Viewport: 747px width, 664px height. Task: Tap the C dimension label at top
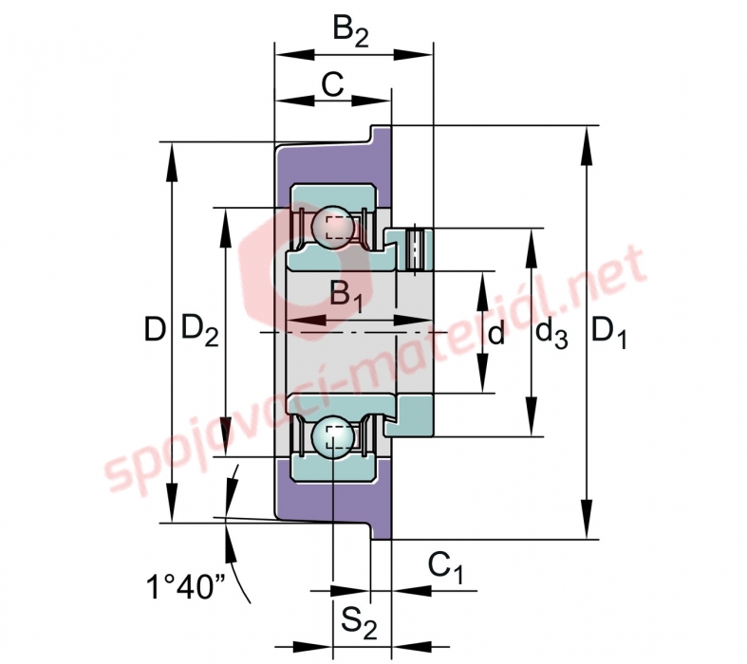[x=332, y=85]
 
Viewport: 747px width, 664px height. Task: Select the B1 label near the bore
[x=346, y=297]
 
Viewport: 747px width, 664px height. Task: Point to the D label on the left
[x=155, y=329]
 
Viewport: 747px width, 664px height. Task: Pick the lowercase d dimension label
[x=495, y=332]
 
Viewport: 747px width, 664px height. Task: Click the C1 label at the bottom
[x=445, y=567]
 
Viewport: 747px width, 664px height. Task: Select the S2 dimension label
[x=359, y=623]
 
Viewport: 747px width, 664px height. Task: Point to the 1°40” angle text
[x=185, y=586]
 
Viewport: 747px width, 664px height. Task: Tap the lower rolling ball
[x=333, y=437]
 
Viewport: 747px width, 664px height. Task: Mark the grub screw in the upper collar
[x=416, y=249]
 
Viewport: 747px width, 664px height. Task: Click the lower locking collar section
[x=409, y=415]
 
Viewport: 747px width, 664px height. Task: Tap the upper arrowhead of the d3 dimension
[x=532, y=248]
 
